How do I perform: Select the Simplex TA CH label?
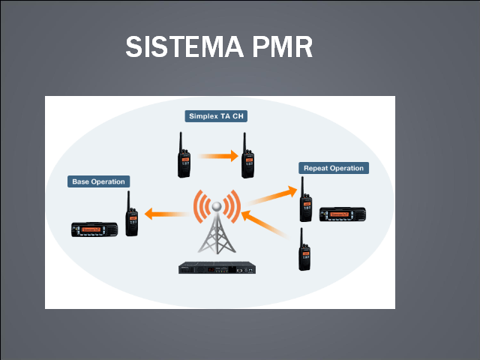point(216,116)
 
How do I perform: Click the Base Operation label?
point(98,181)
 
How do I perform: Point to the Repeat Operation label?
point(333,168)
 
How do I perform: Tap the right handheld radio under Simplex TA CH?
point(247,160)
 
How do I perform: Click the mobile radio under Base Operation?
point(94,229)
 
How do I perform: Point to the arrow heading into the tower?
point(266,226)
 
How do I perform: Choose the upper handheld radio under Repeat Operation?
point(306,201)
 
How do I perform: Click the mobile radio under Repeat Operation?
point(342,215)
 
